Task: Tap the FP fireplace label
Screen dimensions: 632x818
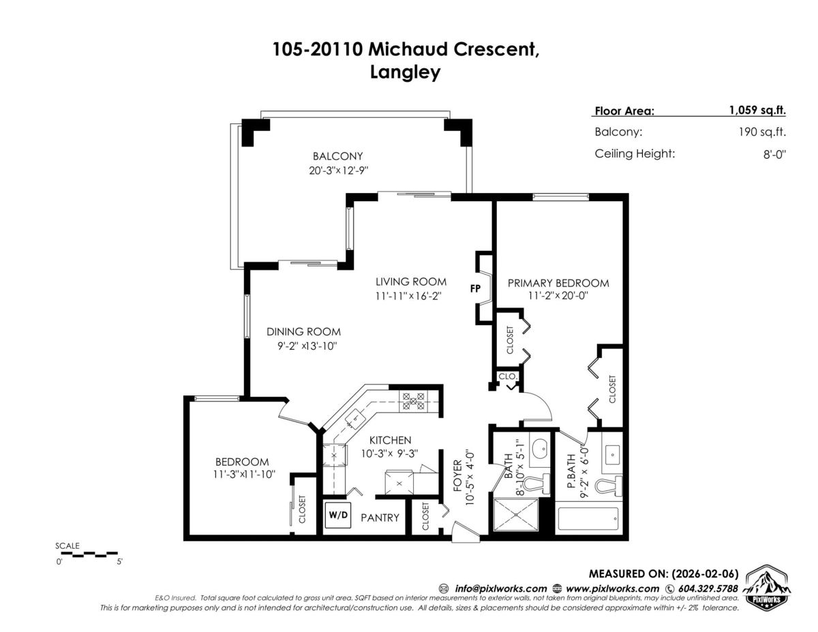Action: pos(476,288)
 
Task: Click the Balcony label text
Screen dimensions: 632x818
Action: pos(337,155)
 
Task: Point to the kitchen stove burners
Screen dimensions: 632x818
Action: pos(412,400)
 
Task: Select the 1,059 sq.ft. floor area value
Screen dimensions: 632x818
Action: pos(757,110)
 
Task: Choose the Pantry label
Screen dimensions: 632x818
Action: pos(380,517)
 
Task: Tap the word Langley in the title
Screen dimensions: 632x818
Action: pos(406,72)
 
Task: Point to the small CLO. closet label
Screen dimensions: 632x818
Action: pos(509,376)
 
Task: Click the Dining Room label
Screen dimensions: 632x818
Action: pos(303,332)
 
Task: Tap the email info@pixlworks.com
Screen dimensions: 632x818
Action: pos(500,588)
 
